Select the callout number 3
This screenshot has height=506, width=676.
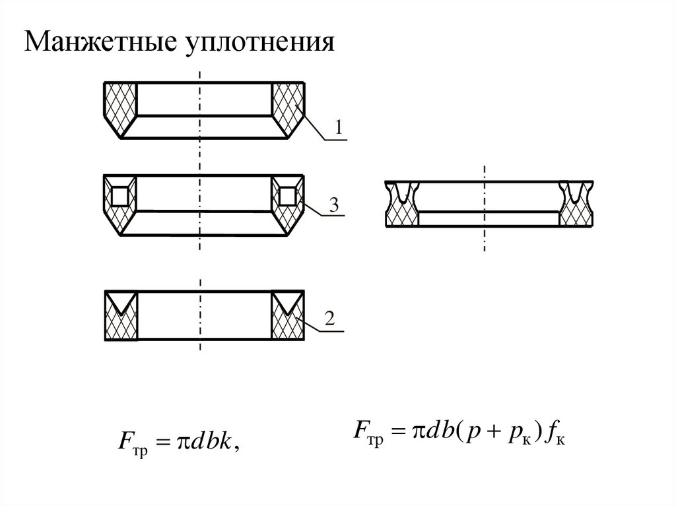coord(334,205)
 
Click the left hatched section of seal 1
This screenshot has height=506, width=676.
coord(119,106)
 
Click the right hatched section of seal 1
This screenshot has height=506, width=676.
coord(289,106)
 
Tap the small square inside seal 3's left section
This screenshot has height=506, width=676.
coord(120,196)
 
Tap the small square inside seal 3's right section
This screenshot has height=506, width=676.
coord(288,196)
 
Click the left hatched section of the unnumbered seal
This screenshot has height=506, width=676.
coord(402,210)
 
